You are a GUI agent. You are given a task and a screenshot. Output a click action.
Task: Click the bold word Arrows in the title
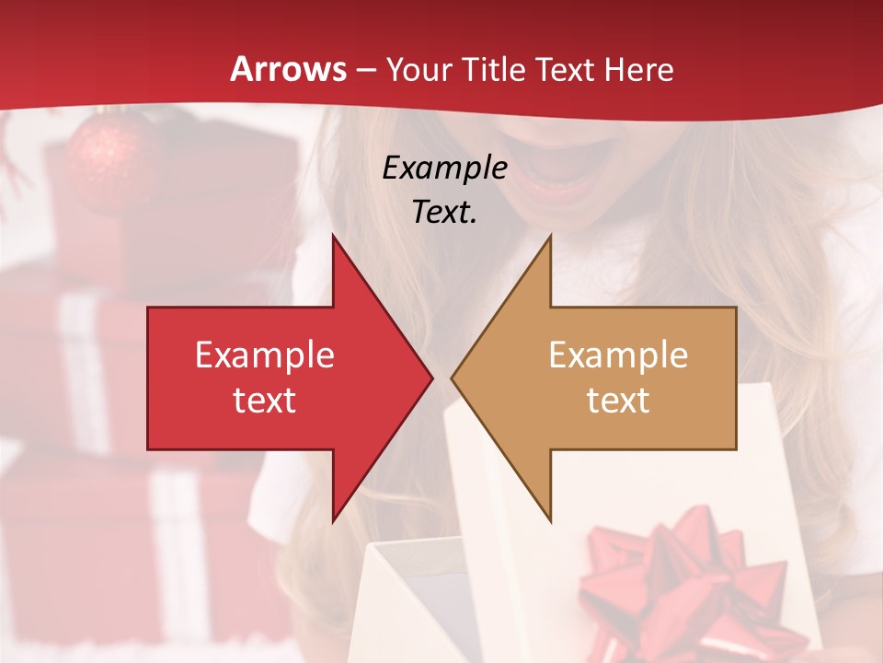(289, 69)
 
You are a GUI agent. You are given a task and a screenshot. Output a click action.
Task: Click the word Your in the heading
(418, 71)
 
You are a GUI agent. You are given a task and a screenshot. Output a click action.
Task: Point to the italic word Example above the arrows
(444, 168)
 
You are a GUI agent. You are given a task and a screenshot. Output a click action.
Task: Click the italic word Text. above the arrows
(444, 212)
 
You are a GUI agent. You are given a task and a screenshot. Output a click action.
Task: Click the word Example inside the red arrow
(265, 355)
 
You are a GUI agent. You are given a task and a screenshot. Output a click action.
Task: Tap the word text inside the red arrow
(265, 401)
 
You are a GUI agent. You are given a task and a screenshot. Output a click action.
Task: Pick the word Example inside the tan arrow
(618, 355)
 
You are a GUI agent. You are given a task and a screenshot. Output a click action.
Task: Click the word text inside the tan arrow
(618, 401)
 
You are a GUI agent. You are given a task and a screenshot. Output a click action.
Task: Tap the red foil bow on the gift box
(681, 580)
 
